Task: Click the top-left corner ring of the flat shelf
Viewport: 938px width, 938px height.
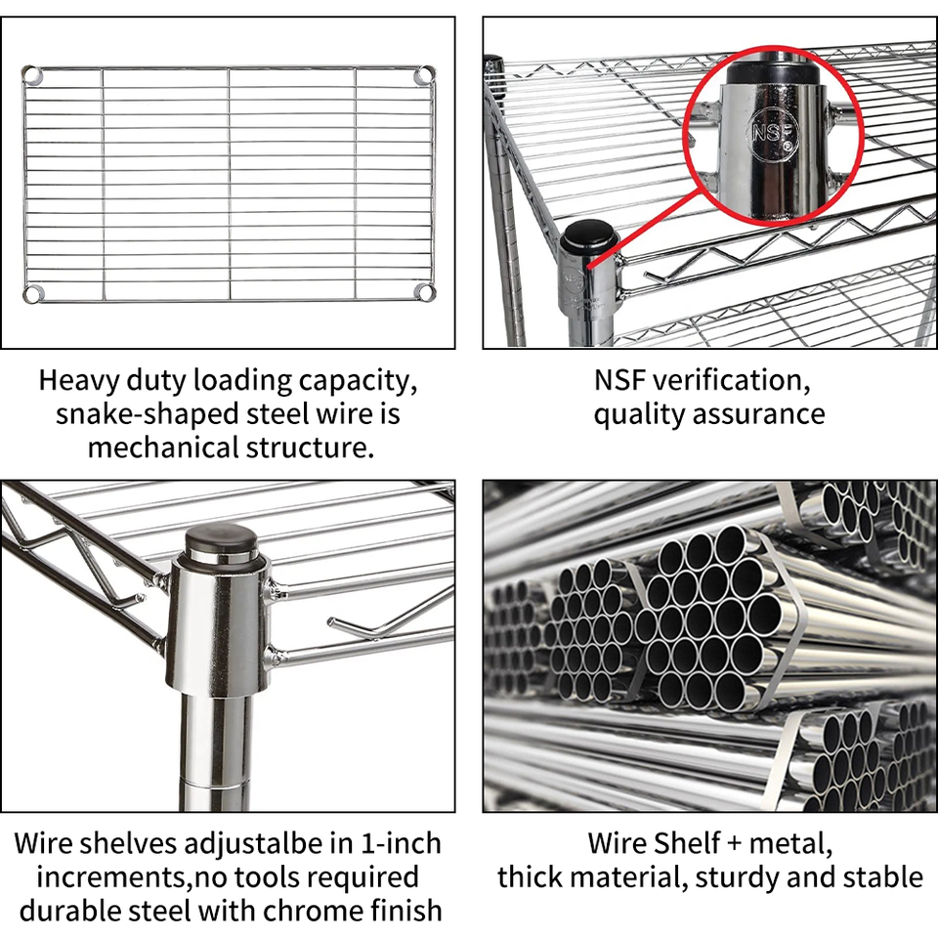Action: (31, 73)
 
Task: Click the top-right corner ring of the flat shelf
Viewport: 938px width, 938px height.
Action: (424, 74)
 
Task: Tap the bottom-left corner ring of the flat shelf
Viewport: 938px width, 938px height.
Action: (31, 292)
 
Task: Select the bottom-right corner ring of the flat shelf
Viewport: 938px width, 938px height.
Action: (424, 291)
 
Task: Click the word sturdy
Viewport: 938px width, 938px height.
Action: (737, 876)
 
